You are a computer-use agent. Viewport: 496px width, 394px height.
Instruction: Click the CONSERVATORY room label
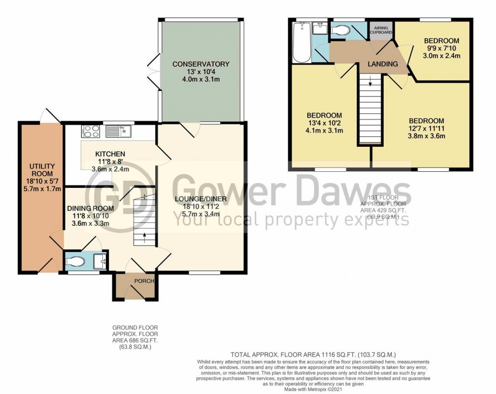coord(201,64)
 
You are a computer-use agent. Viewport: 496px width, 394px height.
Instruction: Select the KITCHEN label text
coord(109,154)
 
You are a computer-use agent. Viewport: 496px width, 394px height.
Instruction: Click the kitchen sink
coord(119,132)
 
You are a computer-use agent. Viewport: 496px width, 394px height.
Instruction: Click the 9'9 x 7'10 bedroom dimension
coord(441,49)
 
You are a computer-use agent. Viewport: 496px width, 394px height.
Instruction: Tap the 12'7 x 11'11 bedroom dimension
coord(426,129)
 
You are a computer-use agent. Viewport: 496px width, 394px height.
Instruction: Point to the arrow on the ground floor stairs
coord(144,235)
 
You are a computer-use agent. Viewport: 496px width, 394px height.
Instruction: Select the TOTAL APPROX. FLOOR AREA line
coord(313,354)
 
